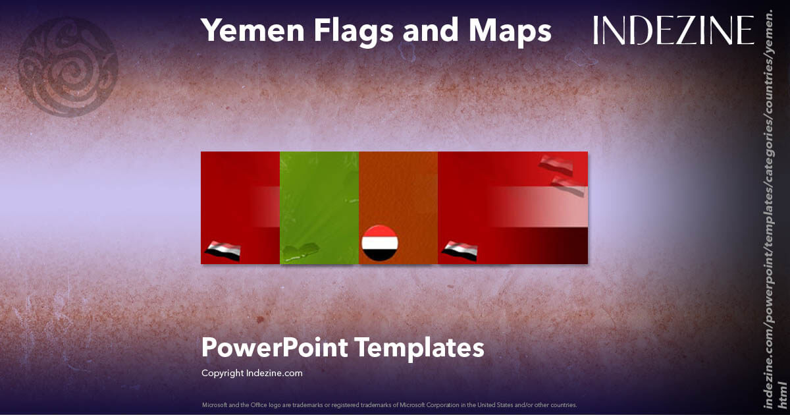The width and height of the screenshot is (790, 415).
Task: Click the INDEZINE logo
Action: [673, 31]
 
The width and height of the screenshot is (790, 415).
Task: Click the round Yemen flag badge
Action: [380, 243]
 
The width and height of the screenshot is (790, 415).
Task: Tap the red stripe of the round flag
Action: [380, 232]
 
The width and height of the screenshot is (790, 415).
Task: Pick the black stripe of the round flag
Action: [380, 254]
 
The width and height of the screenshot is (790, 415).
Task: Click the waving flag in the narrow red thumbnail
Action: [223, 251]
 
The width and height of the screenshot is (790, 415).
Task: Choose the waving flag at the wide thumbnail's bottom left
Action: [460, 251]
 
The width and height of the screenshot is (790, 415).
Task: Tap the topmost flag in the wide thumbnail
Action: [556, 164]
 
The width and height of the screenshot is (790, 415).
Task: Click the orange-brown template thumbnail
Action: [398, 191]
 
